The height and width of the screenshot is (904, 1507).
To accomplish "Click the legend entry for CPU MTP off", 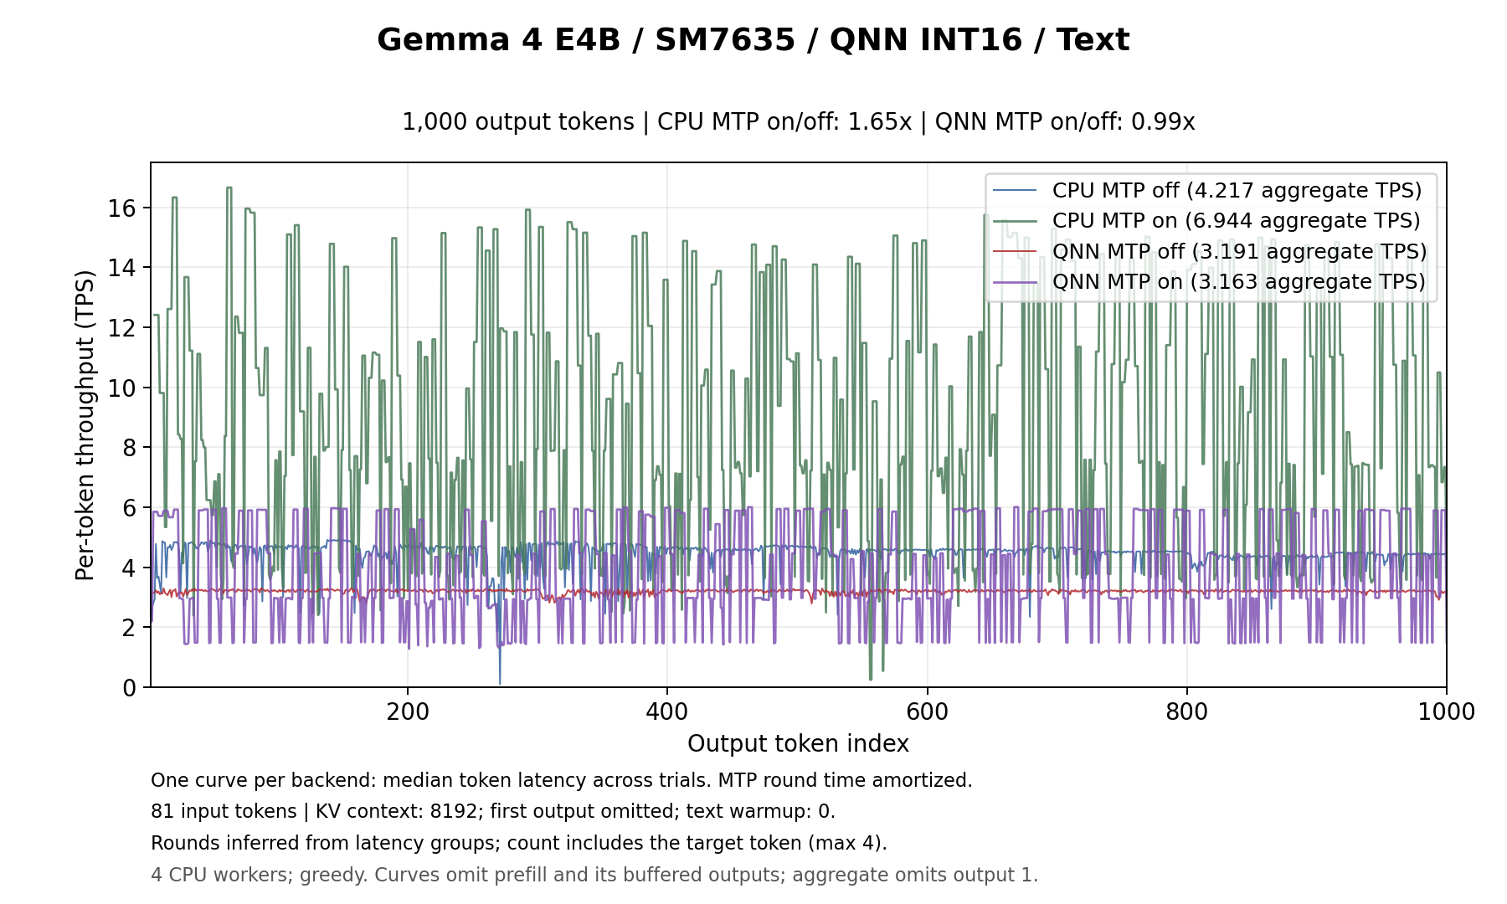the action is tap(1207, 190).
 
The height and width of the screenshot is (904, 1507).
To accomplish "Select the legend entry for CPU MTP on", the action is tap(1206, 220).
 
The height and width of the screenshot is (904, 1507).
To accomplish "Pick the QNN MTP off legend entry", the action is tap(1210, 251).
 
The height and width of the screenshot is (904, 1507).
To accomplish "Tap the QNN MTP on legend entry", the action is tap(1209, 281).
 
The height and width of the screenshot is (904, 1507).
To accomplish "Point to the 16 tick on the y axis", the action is tap(121, 208).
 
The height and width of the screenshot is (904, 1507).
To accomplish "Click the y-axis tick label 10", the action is tap(121, 388).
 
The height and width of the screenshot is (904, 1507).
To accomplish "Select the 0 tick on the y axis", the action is tap(129, 688).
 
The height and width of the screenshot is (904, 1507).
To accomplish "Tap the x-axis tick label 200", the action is tap(408, 711).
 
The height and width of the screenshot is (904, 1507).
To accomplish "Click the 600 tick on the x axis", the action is tap(928, 711).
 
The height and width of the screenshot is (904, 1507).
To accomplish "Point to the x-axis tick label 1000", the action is tap(1447, 711).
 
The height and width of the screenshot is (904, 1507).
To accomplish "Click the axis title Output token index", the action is tap(798, 744).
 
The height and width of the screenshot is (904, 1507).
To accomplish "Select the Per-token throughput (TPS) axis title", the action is tap(85, 425).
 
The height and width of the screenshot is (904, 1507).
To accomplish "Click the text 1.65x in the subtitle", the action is tap(878, 122).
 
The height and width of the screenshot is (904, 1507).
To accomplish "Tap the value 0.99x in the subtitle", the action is tap(1163, 122).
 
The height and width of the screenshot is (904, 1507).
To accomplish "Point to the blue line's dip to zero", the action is tap(500, 683).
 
